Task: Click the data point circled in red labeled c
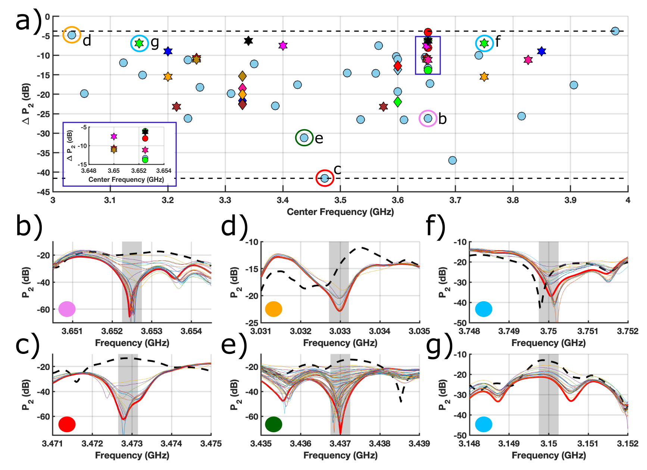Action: pos(325,178)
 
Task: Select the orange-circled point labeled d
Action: pos(72,35)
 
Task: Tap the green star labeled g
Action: pos(139,43)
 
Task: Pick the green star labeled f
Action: pos(484,43)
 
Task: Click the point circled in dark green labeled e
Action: pos(304,138)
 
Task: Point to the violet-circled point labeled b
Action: pos(428,118)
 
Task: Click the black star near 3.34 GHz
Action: pos(248,41)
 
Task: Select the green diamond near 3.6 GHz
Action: pos(398,102)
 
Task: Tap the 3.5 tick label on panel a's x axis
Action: pos(340,200)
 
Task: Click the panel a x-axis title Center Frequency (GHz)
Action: pos(340,212)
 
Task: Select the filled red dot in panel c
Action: pos(67,424)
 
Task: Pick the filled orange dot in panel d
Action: pos(274,309)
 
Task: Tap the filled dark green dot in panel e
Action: pos(274,424)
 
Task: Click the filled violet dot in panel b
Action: pos(67,309)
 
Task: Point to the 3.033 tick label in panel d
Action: pos(340,331)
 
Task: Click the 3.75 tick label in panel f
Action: pos(548,331)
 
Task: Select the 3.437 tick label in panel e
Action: pos(340,443)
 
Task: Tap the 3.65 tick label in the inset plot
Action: pos(114,171)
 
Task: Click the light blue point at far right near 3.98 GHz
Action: pos(615,31)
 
